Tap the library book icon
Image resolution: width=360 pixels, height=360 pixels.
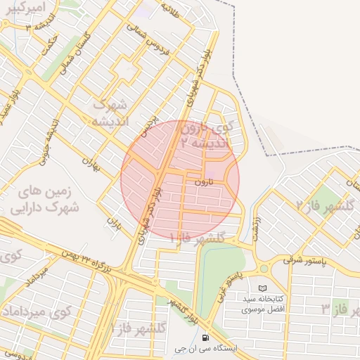(x=263, y=288)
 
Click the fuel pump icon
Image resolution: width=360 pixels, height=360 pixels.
(x=205, y=339)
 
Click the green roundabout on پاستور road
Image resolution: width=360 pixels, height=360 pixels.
(x=264, y=269)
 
